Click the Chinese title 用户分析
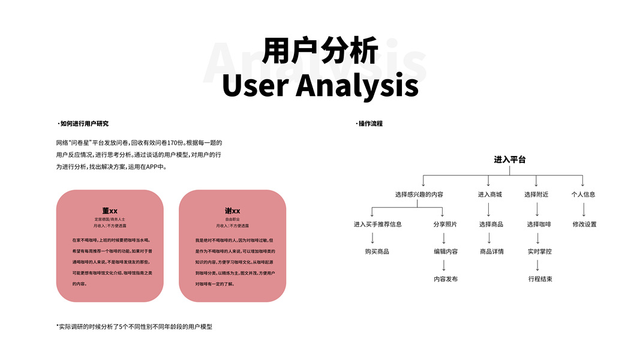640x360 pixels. click(320, 50)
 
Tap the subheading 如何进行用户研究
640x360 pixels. click(84, 124)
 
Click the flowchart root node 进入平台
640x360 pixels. click(509, 160)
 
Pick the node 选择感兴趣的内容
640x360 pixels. click(419, 194)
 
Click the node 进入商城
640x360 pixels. click(489, 194)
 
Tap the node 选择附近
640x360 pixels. click(536, 194)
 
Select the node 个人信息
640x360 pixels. click(583, 194)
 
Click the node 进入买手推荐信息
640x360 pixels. click(377, 224)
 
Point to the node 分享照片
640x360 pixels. click(445, 224)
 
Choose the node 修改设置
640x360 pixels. click(584, 224)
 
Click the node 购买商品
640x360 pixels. click(377, 251)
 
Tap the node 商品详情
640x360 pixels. click(491, 251)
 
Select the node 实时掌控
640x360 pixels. click(539, 251)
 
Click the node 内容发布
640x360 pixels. click(445, 279)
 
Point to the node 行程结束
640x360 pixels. click(540, 279)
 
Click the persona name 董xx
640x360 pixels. click(110, 211)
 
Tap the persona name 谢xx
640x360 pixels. click(232, 211)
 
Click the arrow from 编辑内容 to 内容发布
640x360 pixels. click(444, 265)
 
